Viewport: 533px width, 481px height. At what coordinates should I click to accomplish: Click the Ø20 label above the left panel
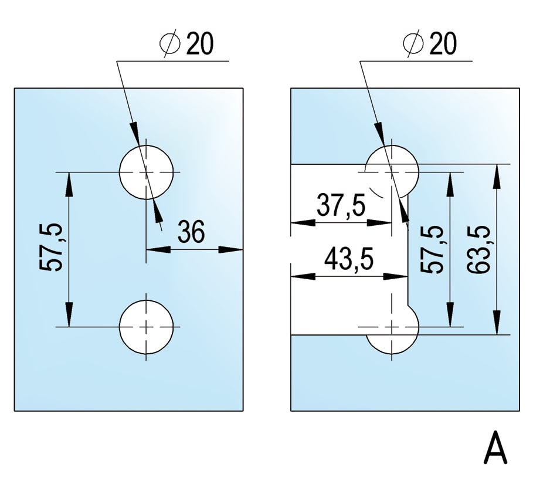click(186, 45)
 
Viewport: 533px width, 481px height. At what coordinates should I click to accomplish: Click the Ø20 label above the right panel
click(430, 45)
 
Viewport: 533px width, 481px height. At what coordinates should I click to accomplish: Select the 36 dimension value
click(191, 232)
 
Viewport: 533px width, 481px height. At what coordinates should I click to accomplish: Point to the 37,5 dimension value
click(341, 206)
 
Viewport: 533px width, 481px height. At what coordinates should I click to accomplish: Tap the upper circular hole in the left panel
click(147, 171)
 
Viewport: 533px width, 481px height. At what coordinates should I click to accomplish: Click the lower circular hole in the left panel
click(147, 327)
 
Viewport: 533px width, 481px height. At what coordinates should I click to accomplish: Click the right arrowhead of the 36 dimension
click(234, 250)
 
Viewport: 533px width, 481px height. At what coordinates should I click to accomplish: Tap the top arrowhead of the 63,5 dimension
click(497, 174)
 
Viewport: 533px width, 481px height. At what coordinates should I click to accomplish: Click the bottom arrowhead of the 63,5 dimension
click(497, 326)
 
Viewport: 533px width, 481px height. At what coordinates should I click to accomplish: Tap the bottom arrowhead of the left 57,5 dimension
click(69, 317)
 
